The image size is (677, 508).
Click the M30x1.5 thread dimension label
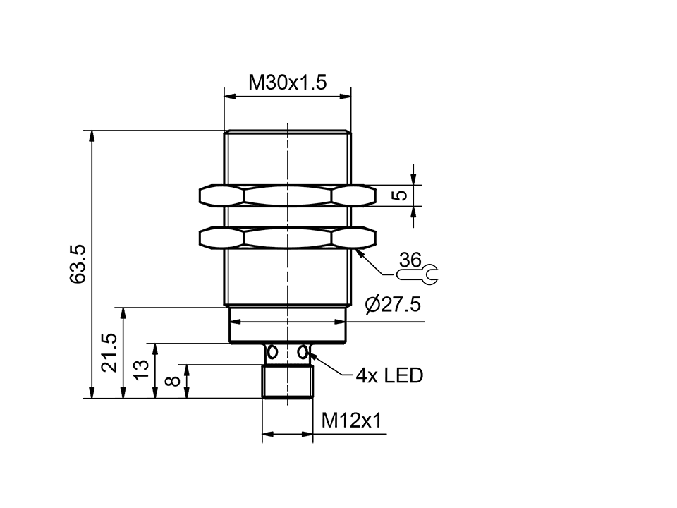287,83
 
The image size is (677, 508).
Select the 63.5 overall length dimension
78,264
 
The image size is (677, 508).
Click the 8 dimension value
172,382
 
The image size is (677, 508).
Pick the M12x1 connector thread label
351,421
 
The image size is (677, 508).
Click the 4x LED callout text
389,375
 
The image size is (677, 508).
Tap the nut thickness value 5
399,195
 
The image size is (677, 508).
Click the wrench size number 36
410,260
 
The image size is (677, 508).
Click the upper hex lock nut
288,195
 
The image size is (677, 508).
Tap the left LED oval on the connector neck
272,351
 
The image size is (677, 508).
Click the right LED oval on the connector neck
303,351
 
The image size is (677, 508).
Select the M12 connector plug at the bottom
287,382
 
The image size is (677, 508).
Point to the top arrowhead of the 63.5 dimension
91,135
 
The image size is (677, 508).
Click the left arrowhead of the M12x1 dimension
266,435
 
